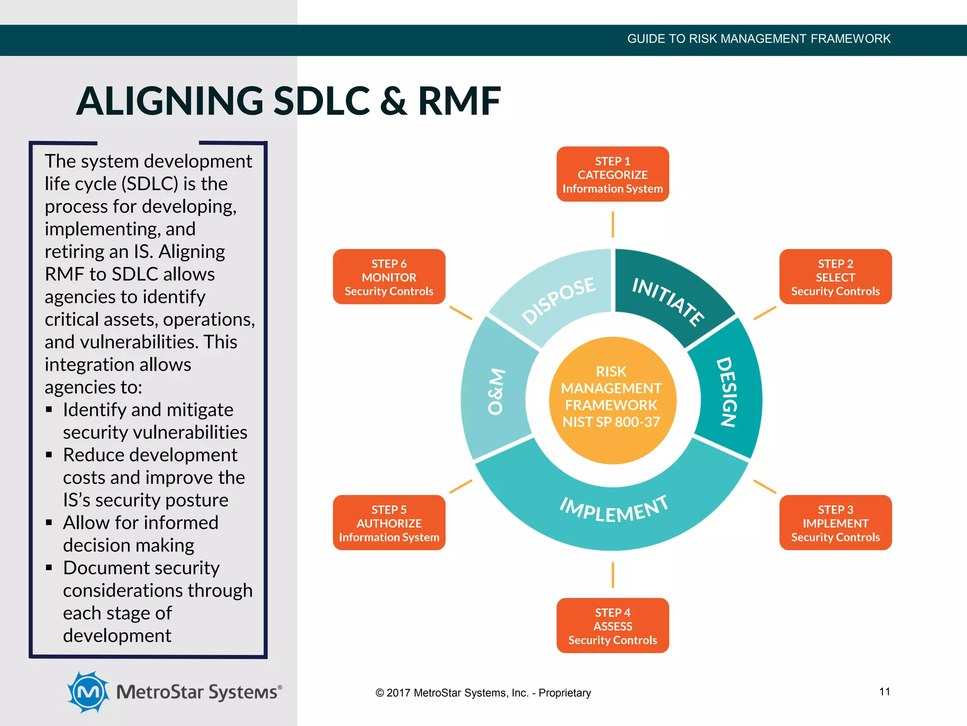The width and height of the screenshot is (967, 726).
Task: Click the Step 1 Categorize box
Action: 612,174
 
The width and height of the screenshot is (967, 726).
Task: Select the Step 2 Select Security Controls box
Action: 835,277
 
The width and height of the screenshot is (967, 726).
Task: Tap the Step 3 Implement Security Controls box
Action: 835,523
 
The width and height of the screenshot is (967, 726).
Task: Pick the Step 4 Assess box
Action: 612,626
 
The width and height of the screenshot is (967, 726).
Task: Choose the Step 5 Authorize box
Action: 389,523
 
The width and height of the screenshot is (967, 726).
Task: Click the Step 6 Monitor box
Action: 389,277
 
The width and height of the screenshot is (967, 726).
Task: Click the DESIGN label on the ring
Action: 727,392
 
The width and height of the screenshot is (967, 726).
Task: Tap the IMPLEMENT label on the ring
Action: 614,510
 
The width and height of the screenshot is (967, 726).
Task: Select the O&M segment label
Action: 496,391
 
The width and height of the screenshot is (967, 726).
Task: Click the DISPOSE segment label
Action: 558,301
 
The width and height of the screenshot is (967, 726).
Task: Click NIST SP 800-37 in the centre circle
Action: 611,422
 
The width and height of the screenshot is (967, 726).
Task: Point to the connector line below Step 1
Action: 613,225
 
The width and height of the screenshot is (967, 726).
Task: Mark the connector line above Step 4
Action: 613,575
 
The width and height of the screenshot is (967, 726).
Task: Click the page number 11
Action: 884,691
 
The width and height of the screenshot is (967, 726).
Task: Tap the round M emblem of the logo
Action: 88,692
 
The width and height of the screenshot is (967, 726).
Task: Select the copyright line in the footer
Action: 483,693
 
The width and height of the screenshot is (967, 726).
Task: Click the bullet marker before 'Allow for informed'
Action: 49,523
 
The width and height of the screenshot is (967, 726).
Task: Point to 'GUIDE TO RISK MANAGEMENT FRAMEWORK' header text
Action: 758,39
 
